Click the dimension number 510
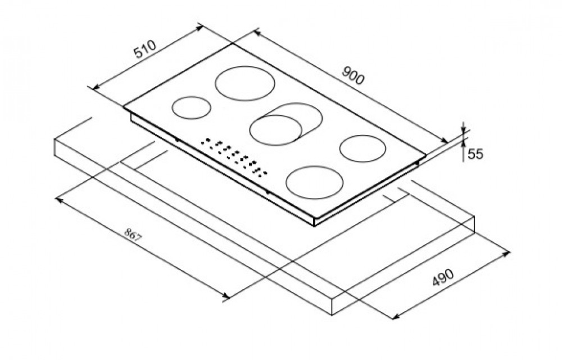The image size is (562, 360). coord(146,49)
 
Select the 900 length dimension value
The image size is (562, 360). coord(353,75)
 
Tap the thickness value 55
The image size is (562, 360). coord(475,154)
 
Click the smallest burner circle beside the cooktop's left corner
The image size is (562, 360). coord(192,107)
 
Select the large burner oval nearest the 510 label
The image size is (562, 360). coord(245,83)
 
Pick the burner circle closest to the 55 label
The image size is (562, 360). coord(362,148)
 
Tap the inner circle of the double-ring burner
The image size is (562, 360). coord(275,130)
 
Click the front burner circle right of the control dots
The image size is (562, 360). coord(312,183)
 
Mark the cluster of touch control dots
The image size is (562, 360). coord(234,157)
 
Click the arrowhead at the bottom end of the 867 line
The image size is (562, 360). coord(225,295)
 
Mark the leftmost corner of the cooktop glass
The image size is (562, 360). coord(124,106)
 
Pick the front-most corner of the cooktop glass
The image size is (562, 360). coord(314,218)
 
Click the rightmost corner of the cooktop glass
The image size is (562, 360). coord(426,155)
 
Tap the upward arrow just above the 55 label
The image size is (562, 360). coord(463,142)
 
